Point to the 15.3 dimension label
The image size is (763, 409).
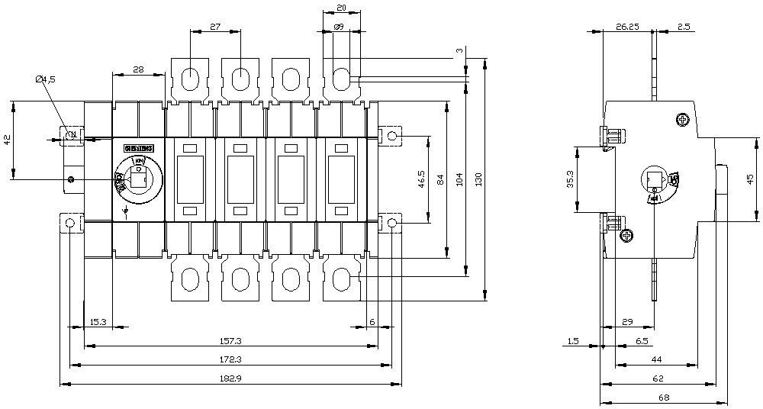(97, 321)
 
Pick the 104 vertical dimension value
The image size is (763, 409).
(459, 179)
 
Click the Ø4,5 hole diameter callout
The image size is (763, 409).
(46, 79)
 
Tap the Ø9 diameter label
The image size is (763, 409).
(339, 27)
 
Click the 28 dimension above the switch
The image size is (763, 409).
(138, 69)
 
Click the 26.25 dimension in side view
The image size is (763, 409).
(627, 26)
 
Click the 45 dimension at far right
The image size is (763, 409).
(752, 179)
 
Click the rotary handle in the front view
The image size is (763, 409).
(138, 181)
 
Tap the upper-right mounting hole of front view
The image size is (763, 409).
(391, 136)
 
